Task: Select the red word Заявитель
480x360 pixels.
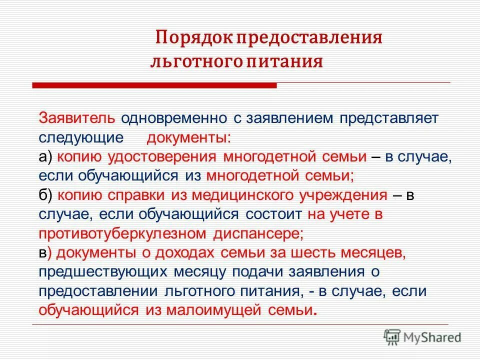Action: coord(77,118)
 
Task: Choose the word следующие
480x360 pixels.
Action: coord(80,137)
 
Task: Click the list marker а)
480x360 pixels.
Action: coord(45,156)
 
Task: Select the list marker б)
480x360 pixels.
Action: coord(45,194)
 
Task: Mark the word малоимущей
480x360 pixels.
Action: coord(209,309)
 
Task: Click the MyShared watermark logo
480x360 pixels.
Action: coord(422,336)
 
